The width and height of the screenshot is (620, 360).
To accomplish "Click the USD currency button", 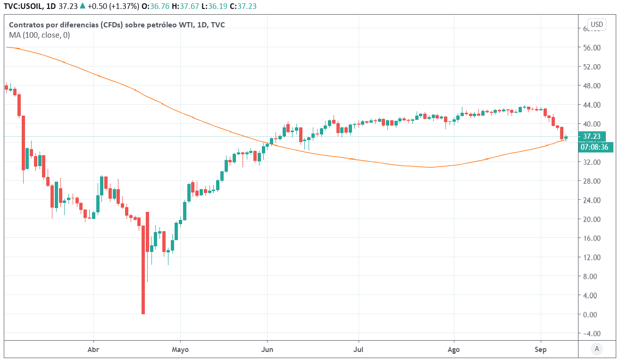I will [x=597, y=25].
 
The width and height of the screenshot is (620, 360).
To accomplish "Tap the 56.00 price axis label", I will [x=591, y=48].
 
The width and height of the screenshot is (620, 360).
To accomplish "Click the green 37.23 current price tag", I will [x=592, y=136].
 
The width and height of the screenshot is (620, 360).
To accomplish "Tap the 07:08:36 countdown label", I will [x=594, y=147].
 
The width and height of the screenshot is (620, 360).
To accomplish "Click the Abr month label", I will [x=93, y=350].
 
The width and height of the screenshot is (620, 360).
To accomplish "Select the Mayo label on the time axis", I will [x=180, y=350].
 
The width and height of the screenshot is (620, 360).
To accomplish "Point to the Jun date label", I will [x=267, y=350].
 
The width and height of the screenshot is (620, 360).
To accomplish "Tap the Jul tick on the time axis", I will [x=359, y=350].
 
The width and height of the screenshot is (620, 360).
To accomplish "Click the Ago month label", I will [x=454, y=350].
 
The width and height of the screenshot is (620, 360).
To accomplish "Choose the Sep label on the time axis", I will [x=541, y=350].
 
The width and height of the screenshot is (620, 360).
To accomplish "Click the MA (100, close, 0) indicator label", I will [x=40, y=35].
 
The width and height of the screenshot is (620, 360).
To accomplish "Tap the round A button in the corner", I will [x=597, y=349].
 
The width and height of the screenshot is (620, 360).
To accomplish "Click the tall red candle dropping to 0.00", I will [x=143, y=269].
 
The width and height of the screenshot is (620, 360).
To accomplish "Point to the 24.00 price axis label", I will [x=591, y=200].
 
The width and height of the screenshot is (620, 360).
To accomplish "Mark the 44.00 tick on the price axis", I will [x=591, y=105].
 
